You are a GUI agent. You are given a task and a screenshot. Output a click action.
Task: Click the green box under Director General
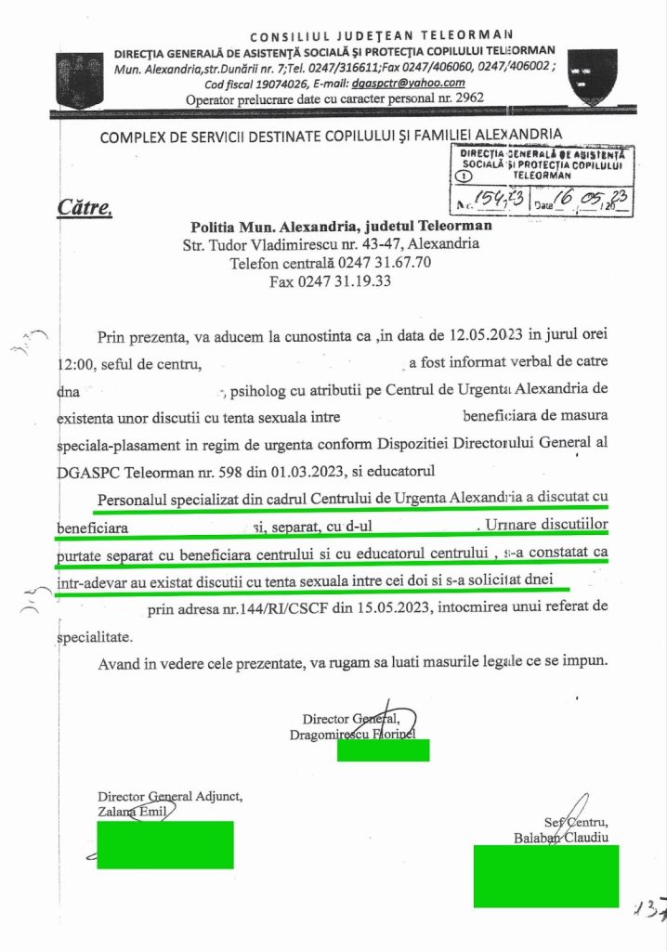383,749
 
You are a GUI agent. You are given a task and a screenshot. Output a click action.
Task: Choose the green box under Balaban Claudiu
545,876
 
